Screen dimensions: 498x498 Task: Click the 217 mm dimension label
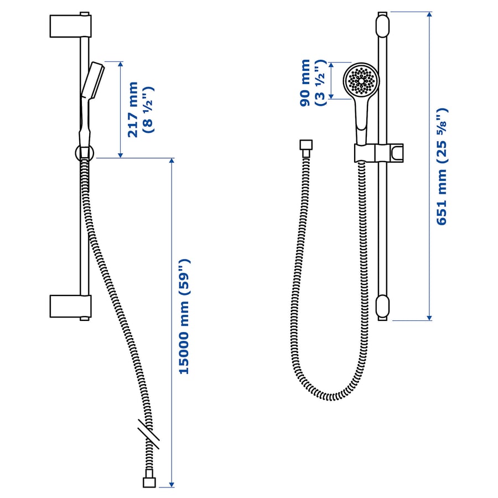tap(133, 110)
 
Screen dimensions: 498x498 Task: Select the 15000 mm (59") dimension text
tap(184, 317)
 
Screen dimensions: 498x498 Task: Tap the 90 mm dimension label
tap(305, 82)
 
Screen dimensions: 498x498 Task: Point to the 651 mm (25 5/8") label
tap(442, 167)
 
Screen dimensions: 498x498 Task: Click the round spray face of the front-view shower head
tap(361, 80)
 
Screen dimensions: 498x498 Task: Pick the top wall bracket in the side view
tap(70, 26)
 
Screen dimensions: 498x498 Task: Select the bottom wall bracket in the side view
tap(70, 306)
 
